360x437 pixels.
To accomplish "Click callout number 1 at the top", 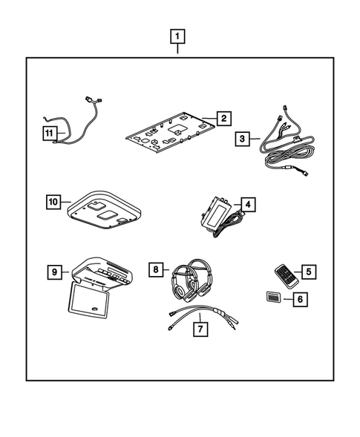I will click(178, 35).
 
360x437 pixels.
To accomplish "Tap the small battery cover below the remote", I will click(272, 299).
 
